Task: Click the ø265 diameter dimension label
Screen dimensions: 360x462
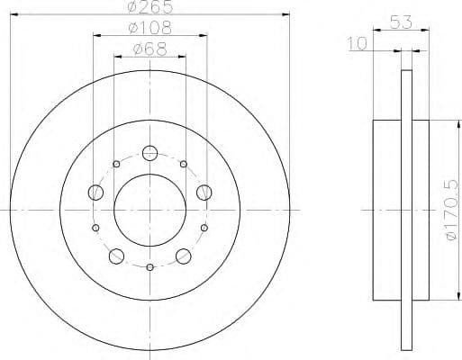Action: pyautogui.click(x=149, y=8)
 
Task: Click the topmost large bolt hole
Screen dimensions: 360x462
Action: pyautogui.click(x=149, y=152)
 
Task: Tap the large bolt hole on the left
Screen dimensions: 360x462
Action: pyautogui.click(x=95, y=191)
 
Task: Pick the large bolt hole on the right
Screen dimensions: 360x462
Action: pyautogui.click(x=204, y=191)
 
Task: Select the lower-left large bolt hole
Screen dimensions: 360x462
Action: pyautogui.click(x=116, y=256)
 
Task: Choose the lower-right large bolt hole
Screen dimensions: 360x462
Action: pyautogui.click(x=184, y=256)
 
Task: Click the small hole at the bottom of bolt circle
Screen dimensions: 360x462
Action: pyautogui.click(x=149, y=266)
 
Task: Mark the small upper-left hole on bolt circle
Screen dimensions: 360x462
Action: pyautogui.click(x=116, y=164)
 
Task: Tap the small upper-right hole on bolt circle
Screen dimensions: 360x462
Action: pyautogui.click(x=183, y=164)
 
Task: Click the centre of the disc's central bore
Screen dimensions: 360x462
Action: pyautogui.click(x=149, y=210)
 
